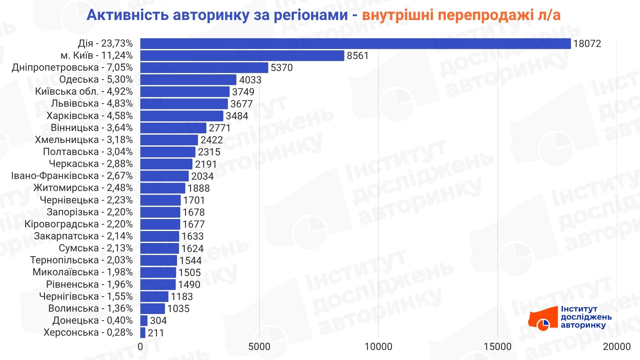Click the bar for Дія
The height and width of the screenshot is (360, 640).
[355, 44]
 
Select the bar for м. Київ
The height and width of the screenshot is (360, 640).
[242, 56]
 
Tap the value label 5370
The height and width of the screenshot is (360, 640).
[282, 68]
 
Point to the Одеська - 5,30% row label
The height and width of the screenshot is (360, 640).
[96, 80]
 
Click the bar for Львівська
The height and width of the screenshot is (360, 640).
[184, 104]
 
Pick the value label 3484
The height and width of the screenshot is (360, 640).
[237, 116]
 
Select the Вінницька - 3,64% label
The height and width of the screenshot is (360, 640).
[92, 128]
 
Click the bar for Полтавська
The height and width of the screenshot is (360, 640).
[168, 152]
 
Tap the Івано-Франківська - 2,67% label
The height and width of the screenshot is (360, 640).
[72, 176]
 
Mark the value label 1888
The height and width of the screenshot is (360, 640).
[199, 188]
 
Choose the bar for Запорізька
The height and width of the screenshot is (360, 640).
[160, 212]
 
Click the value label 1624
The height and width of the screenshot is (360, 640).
[192, 249]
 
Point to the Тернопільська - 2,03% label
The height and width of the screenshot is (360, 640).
[81, 260]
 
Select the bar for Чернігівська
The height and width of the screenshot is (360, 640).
[154, 297]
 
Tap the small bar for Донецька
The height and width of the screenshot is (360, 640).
[144, 321]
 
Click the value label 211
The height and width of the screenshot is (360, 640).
[156, 333]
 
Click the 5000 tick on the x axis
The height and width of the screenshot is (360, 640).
[259, 347]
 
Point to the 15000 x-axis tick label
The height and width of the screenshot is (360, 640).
[498, 347]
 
